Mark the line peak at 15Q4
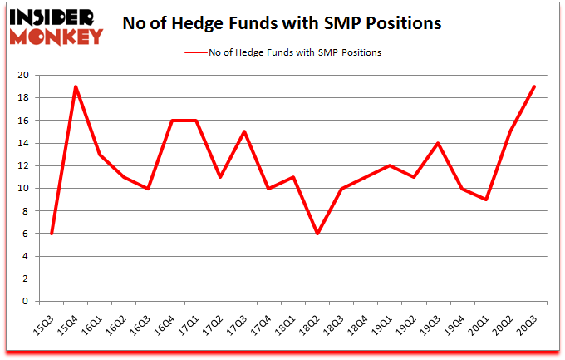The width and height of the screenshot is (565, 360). coord(76,86)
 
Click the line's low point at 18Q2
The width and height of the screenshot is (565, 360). coord(317,234)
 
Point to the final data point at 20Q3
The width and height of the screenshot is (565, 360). coord(533,86)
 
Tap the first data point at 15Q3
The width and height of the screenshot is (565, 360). coord(52,234)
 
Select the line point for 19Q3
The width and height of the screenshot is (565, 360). coord(437,143)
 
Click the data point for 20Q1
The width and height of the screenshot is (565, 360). coord(485,200)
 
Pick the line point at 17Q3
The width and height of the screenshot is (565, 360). coord(244,131)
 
